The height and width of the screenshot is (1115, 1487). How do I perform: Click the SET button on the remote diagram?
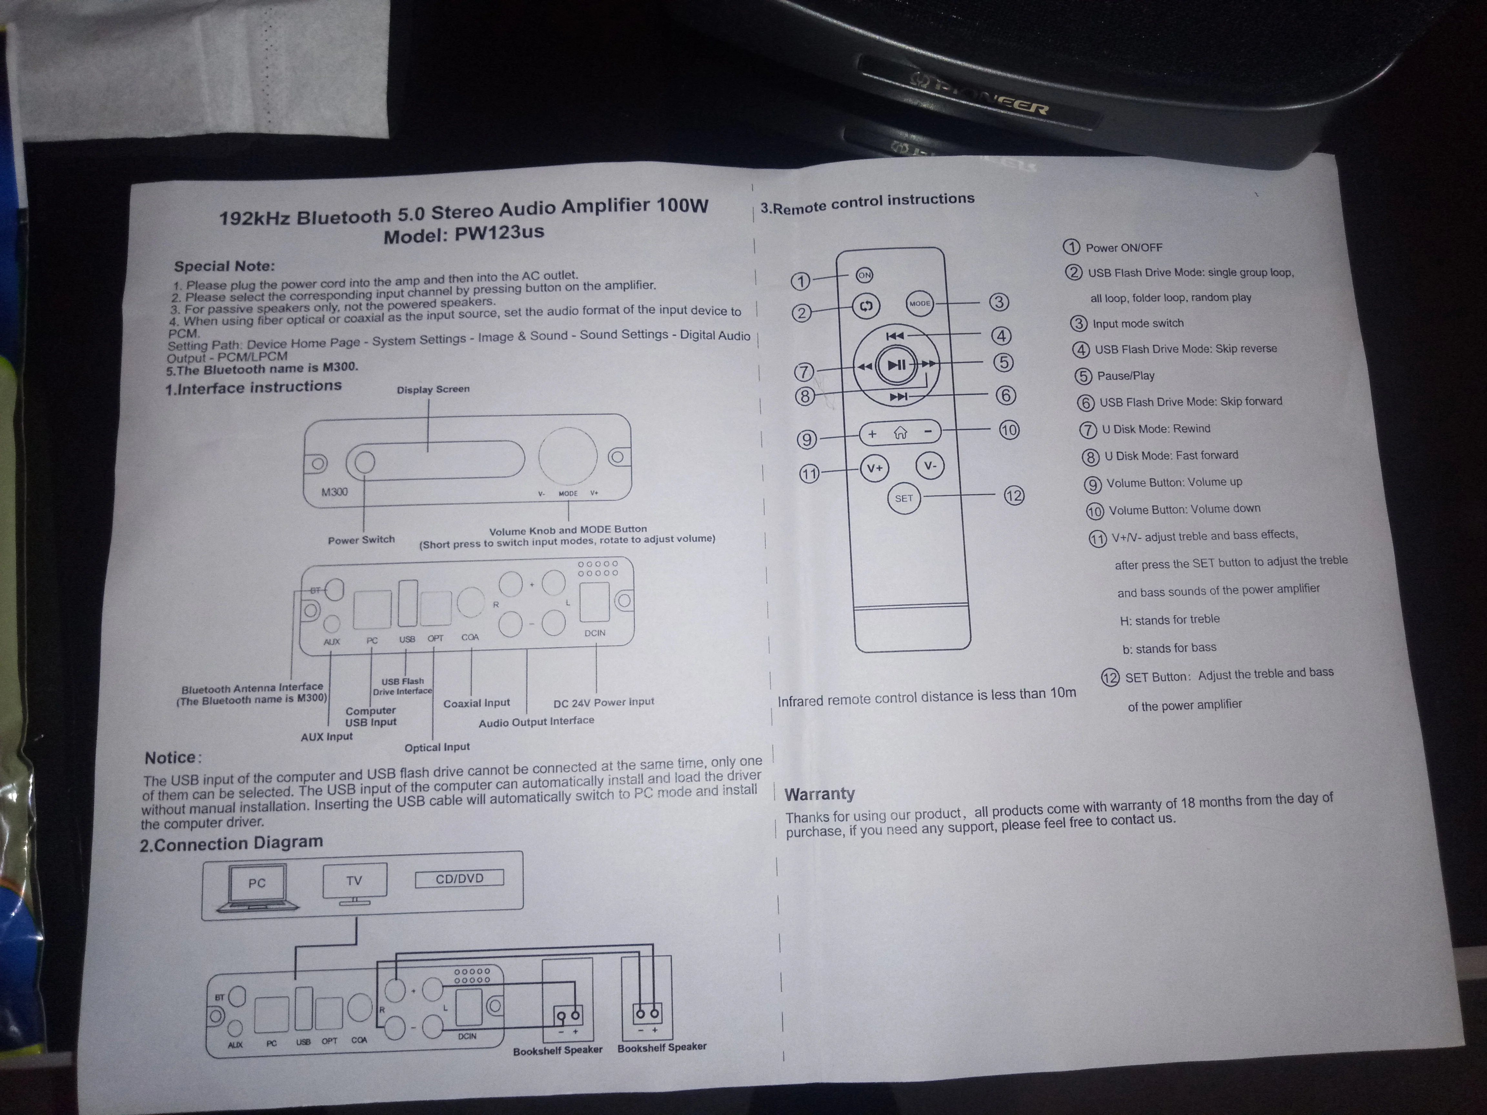904,498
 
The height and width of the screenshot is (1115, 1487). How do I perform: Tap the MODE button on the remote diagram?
920,303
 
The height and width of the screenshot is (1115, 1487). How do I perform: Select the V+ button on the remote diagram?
875,468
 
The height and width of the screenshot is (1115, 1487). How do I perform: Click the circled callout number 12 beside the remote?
1014,496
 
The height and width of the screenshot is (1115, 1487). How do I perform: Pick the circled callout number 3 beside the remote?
999,302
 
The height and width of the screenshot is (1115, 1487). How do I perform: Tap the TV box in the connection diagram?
354,880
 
